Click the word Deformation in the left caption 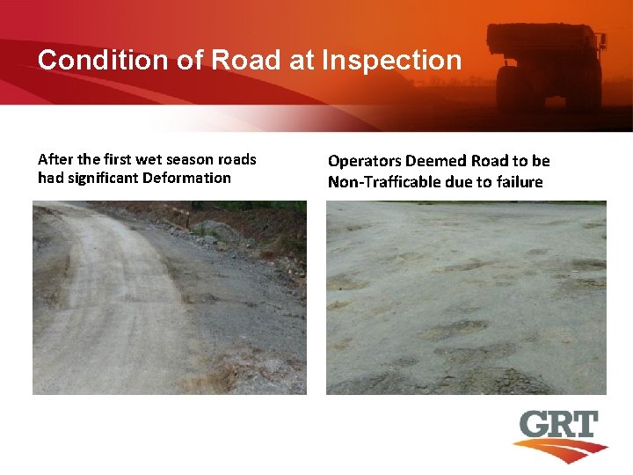pos(190,178)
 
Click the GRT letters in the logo pos(558,426)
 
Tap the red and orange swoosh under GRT pos(563,450)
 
